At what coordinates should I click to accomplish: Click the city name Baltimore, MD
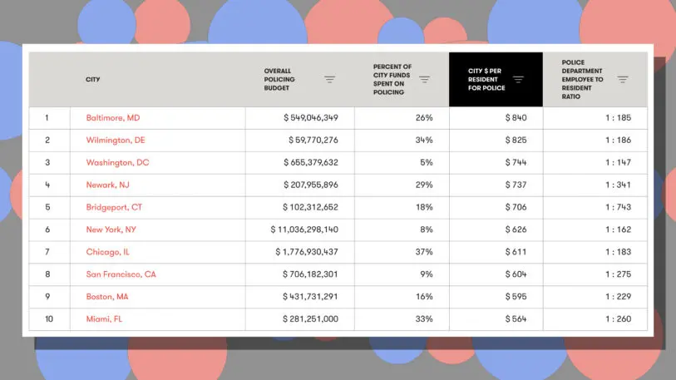click(112, 118)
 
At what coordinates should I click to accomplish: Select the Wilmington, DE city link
click(115, 141)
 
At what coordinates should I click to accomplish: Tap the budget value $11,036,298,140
click(304, 229)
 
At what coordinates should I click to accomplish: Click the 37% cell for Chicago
click(423, 252)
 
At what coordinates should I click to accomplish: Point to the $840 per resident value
click(516, 118)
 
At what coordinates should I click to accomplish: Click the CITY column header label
click(92, 80)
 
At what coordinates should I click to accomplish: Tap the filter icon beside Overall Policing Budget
click(330, 80)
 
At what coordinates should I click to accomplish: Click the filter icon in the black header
click(518, 80)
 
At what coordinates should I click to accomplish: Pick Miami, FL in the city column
click(104, 319)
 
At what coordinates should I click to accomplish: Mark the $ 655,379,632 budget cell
click(311, 163)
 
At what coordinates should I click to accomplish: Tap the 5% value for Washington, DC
click(426, 163)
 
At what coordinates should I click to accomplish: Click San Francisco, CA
click(121, 274)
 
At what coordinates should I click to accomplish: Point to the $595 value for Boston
click(516, 297)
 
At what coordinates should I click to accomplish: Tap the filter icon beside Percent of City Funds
click(424, 80)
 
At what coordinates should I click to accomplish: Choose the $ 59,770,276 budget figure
click(313, 141)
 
